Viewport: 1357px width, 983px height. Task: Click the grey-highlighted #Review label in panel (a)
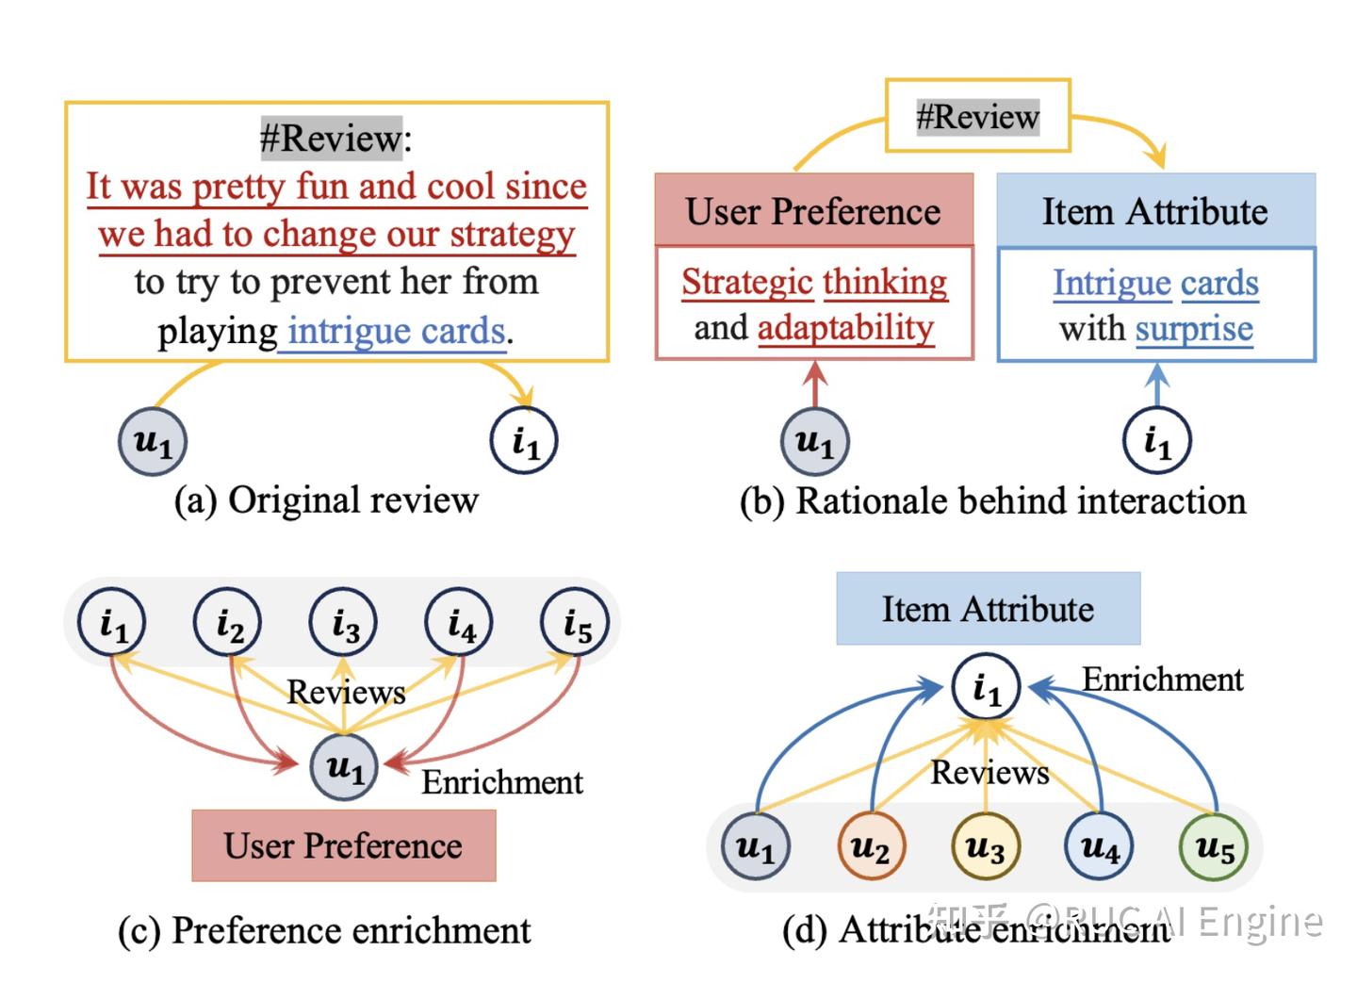pyautogui.click(x=332, y=139)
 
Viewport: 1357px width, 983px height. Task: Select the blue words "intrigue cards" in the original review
pyautogui.click(x=396, y=331)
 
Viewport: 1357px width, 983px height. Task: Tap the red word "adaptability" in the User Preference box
pyautogui.click(x=845, y=329)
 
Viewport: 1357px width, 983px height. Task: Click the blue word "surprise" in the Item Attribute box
pyautogui.click(x=1194, y=330)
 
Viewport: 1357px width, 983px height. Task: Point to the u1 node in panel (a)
pyautogui.click(x=153, y=441)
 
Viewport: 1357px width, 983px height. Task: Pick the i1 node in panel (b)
pyautogui.click(x=1157, y=440)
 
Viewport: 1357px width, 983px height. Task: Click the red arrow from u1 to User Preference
pyautogui.click(x=815, y=384)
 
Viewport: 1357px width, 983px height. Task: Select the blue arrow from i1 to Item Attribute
pyautogui.click(x=1157, y=385)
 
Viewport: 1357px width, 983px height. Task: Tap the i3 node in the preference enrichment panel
pyautogui.click(x=343, y=622)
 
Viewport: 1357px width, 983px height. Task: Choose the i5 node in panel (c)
pyautogui.click(x=575, y=622)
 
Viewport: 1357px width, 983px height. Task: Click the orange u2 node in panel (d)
pyautogui.click(x=872, y=846)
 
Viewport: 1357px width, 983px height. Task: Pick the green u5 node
pyautogui.click(x=1215, y=846)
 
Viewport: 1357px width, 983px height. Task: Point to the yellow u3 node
pyautogui.click(x=986, y=846)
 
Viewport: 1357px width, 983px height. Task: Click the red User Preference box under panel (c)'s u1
pyautogui.click(x=344, y=845)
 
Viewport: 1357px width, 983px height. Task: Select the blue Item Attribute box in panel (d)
pyautogui.click(x=989, y=609)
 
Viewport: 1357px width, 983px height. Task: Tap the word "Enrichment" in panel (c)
pyautogui.click(x=502, y=782)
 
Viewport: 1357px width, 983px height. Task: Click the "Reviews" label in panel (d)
pyautogui.click(x=989, y=772)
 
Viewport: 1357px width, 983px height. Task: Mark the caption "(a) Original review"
pyautogui.click(x=326, y=500)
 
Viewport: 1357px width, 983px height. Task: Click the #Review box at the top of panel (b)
pyautogui.click(x=978, y=115)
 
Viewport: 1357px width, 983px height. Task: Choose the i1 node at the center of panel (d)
pyautogui.click(x=987, y=687)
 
